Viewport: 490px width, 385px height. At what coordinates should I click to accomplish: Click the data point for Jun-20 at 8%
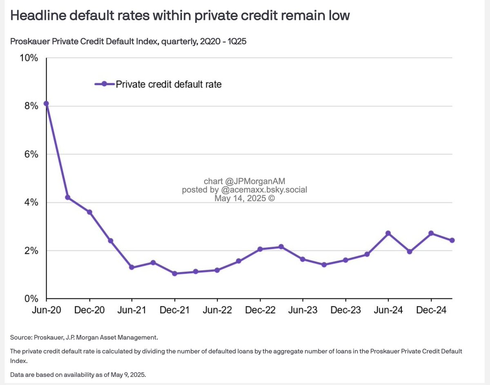coord(47,104)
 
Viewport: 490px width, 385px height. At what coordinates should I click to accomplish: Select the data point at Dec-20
coord(89,212)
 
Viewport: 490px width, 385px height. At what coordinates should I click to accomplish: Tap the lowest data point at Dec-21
coord(174,274)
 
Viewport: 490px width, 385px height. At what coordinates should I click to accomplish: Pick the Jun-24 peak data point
coord(388,233)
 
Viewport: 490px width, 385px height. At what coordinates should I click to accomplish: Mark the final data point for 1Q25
coord(452,240)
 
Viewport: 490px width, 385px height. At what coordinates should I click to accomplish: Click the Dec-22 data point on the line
coord(260,249)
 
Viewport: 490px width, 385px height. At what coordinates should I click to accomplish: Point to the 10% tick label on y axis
coord(29,58)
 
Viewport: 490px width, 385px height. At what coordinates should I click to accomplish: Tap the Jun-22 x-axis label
coord(217,310)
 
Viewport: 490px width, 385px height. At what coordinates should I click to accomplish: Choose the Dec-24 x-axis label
coord(431,310)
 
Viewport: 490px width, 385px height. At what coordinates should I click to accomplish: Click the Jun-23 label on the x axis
coord(303,310)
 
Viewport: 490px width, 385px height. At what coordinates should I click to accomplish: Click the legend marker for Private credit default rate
coord(105,84)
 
